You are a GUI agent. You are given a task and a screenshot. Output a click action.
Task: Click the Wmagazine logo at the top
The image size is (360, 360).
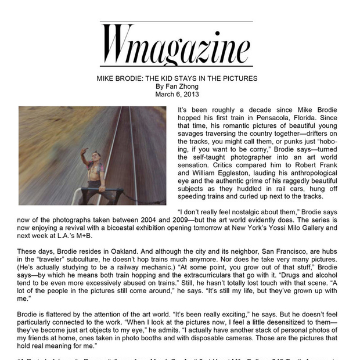pyautogui.click(x=177, y=45)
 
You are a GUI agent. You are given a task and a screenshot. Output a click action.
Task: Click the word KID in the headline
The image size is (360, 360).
pyautogui.click(x=177, y=78)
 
